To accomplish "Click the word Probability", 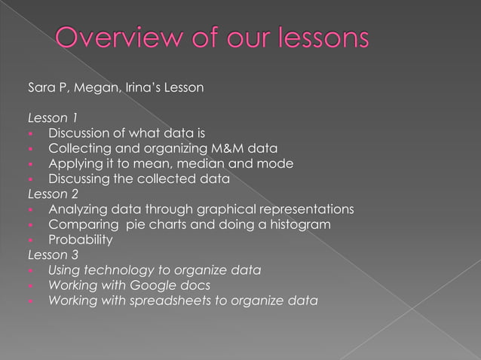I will (80, 239).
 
